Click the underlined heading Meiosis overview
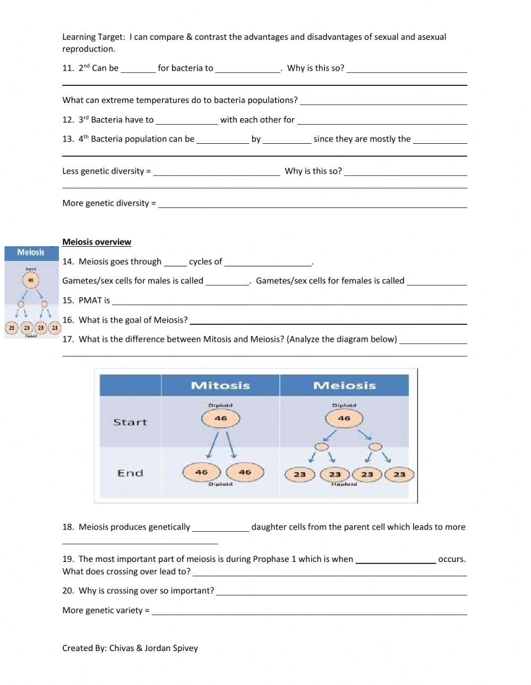97,242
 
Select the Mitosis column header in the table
220,385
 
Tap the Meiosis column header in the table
344,385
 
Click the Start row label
130,422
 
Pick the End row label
130,473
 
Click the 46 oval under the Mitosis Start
221,419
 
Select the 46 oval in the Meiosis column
344,419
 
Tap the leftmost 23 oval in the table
300,474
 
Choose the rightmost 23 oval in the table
399,474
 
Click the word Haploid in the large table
344,484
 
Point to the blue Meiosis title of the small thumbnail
31,253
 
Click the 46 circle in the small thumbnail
31,280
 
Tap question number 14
68,262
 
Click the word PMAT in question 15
90,300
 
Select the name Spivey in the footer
185,648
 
